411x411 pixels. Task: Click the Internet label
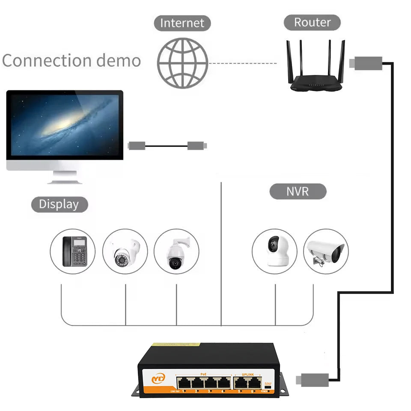click(x=182, y=23)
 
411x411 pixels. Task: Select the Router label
click(x=312, y=22)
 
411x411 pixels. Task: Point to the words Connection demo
click(x=71, y=61)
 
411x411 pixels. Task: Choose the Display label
click(x=59, y=204)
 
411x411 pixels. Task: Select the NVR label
click(x=298, y=191)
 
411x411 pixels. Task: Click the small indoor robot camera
click(x=274, y=251)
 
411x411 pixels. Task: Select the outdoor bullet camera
click(x=326, y=251)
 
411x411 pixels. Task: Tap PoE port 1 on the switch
click(x=184, y=382)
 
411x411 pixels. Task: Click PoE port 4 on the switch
click(x=223, y=382)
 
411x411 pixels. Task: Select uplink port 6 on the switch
click(x=254, y=382)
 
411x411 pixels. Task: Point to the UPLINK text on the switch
click(x=247, y=374)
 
